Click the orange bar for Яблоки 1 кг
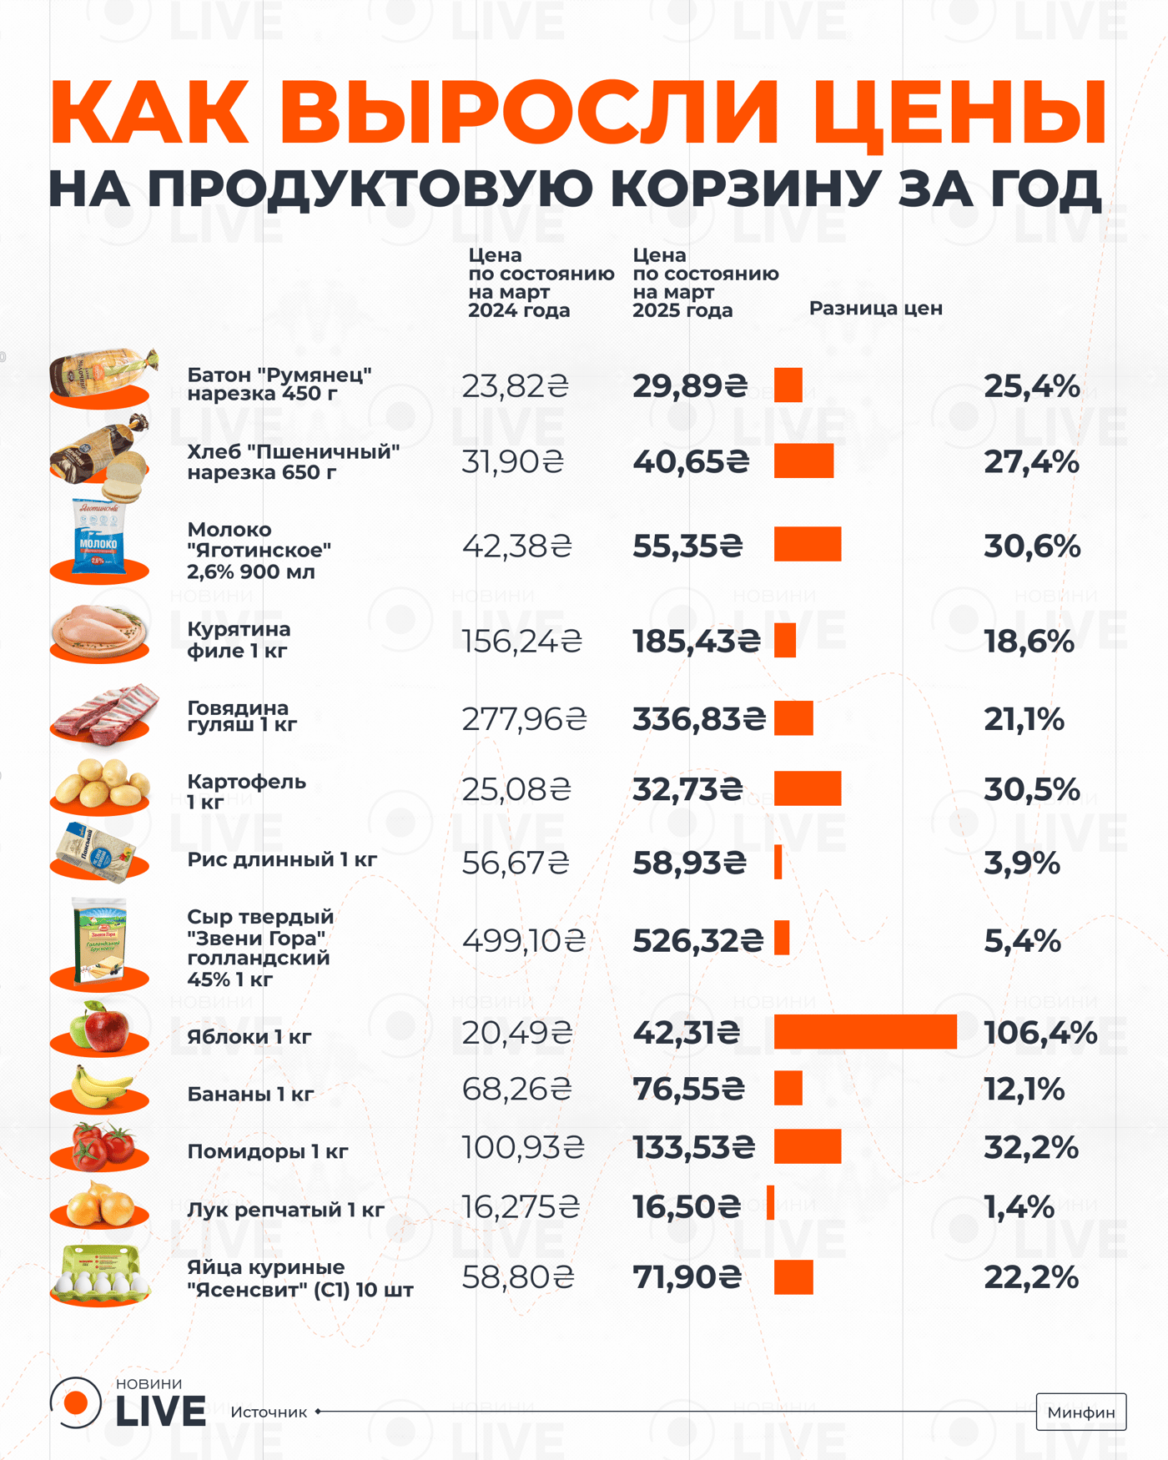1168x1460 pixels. click(865, 1032)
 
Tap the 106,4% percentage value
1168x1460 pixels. click(1040, 1034)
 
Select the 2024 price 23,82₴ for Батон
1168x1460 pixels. click(515, 386)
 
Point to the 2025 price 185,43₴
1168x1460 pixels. click(696, 641)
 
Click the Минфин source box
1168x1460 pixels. click(1080, 1412)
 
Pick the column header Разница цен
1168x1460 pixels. click(875, 308)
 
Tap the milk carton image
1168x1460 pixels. click(99, 539)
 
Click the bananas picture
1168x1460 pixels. click(100, 1087)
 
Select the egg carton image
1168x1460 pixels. click(100, 1274)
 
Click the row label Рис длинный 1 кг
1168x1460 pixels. click(282, 859)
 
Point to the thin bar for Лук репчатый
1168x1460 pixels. click(770, 1203)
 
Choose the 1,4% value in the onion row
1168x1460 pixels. click(1019, 1207)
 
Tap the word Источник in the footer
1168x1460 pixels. click(269, 1412)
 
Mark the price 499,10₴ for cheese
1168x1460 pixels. click(524, 941)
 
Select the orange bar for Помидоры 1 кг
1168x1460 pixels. click(807, 1146)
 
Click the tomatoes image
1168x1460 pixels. click(102, 1145)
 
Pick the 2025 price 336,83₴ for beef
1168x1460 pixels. click(698, 718)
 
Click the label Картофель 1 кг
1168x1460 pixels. click(246, 791)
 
